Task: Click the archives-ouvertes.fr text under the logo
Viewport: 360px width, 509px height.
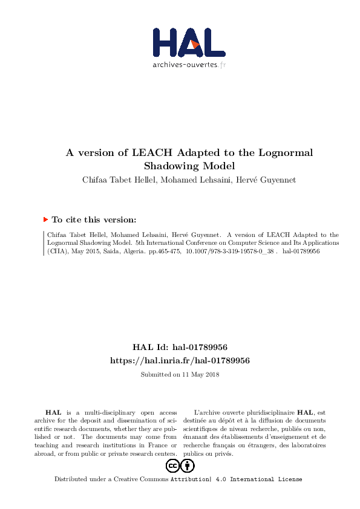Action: coord(189,64)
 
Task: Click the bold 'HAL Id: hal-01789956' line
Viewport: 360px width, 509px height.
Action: coord(180,348)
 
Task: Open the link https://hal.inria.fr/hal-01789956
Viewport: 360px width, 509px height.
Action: coord(180,360)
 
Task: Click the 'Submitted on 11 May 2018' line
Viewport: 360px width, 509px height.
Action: coord(180,375)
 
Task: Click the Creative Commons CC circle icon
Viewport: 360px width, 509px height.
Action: coord(172,465)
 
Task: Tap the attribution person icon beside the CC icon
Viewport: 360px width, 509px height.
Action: coord(188,465)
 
